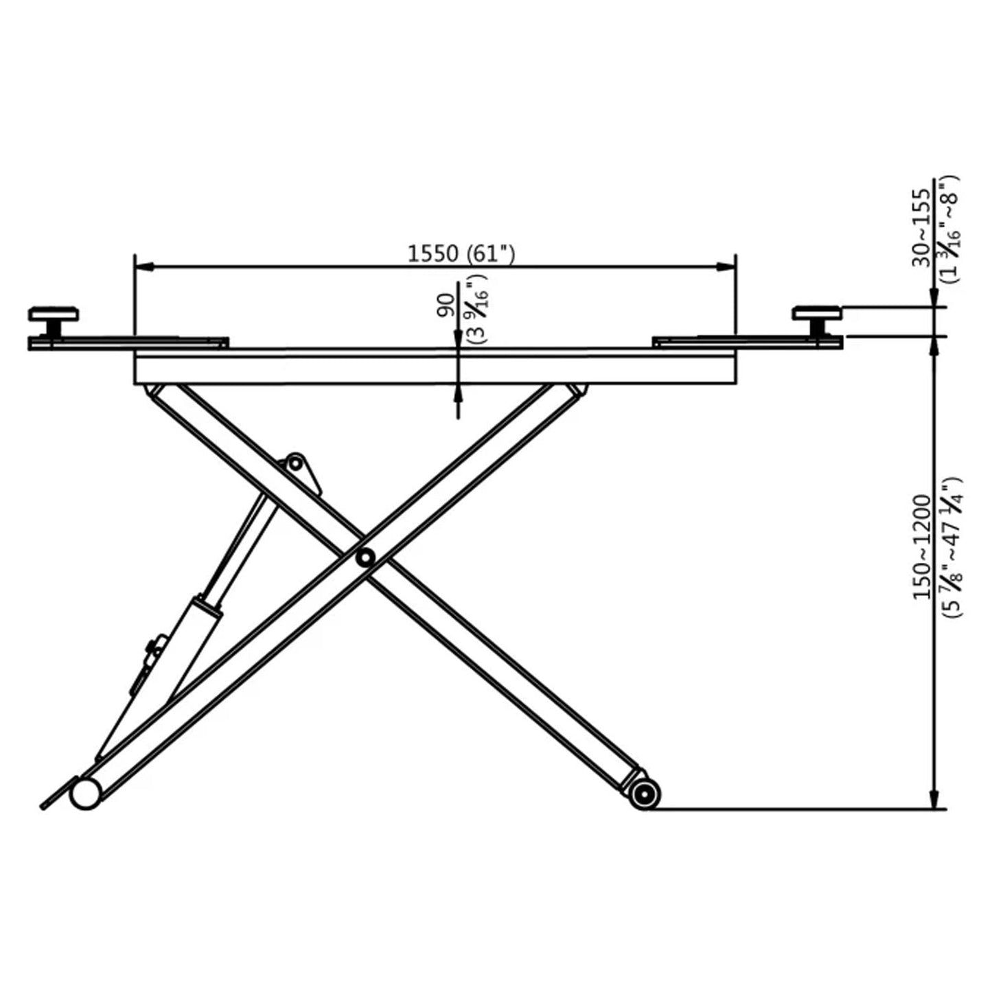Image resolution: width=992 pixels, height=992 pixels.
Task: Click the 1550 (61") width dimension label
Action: point(461,254)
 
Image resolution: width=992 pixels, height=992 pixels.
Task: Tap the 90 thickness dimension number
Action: point(447,304)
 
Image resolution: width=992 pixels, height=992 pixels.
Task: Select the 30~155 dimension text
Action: point(923,228)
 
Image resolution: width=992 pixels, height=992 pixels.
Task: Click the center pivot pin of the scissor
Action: point(364,557)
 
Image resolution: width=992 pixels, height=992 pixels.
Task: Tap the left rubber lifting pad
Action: point(53,315)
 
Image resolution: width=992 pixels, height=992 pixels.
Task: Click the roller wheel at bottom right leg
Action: point(644,794)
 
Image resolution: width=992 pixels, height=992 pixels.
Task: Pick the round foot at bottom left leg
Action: point(84,794)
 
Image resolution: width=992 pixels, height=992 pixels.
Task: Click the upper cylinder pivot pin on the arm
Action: point(295,463)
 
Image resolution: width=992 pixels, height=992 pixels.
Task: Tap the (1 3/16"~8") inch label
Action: point(951,228)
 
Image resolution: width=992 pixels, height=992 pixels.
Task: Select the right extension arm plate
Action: point(741,341)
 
